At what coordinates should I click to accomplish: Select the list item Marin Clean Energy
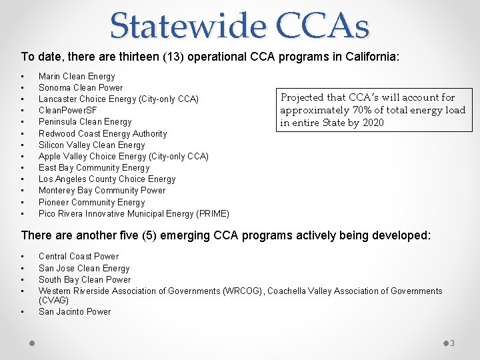click(77, 77)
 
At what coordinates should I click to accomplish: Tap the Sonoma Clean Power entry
click(81, 88)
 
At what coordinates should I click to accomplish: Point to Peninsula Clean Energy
click(85, 122)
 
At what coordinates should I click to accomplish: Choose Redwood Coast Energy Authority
click(103, 133)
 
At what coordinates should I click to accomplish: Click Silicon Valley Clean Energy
click(91, 145)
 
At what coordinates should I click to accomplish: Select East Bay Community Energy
click(94, 168)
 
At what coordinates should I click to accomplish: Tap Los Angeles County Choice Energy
click(107, 179)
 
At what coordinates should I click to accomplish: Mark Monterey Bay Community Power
click(102, 191)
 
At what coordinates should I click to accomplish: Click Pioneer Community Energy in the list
click(91, 202)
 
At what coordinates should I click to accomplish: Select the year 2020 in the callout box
click(373, 123)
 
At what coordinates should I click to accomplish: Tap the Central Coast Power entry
click(79, 257)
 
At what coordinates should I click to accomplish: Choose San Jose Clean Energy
click(84, 268)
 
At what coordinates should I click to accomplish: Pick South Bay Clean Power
click(85, 280)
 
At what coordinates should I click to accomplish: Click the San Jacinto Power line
click(75, 311)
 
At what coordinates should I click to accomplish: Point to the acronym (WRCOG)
click(244, 291)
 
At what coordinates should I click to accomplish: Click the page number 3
click(452, 343)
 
